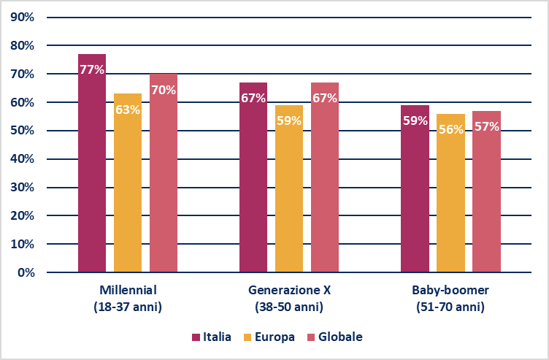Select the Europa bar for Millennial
tap(128, 190)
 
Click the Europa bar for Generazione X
tap(289, 197)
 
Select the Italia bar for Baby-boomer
tap(415, 197)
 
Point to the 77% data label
tap(92, 70)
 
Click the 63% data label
tap(128, 110)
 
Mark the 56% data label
tap(450, 129)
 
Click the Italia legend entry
tap(212, 337)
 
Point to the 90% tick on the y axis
tap(22, 17)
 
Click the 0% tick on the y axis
tap(25, 272)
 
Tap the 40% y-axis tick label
tap(22, 159)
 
